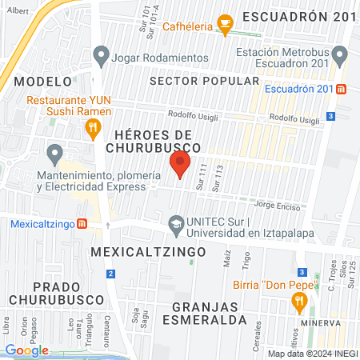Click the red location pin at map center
(179, 165)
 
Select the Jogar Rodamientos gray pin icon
(101, 57)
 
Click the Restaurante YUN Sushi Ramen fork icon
(94, 126)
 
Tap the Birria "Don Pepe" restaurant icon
(300, 301)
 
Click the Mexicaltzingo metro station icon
(81, 223)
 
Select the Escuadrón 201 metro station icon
(342, 89)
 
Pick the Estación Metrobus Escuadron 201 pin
(340, 57)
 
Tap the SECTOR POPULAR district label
(204, 81)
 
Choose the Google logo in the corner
(26, 350)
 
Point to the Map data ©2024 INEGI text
(310, 354)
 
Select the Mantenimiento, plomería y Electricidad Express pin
(54, 152)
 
